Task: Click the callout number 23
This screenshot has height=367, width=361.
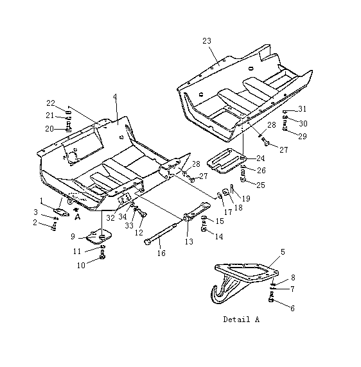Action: (207, 41)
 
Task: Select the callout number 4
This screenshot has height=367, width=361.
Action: (115, 97)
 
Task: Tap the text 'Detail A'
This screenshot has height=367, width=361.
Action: (242, 320)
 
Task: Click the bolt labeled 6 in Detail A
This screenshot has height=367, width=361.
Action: (271, 298)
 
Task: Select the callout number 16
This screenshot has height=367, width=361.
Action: (161, 253)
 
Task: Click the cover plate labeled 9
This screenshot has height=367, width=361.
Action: (99, 237)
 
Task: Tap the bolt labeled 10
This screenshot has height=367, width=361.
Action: (102, 255)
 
